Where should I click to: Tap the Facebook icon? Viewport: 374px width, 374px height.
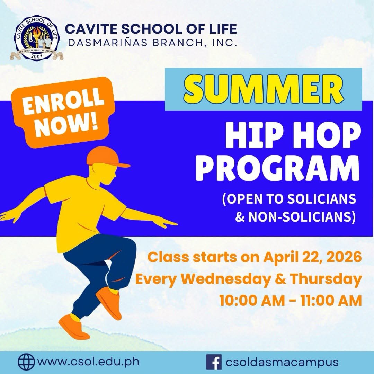pos(214,362)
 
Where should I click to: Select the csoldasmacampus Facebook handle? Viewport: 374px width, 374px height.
pos(282,362)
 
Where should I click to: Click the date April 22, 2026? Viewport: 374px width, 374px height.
pos(313,257)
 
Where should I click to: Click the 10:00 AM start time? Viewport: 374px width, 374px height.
pos(252,301)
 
